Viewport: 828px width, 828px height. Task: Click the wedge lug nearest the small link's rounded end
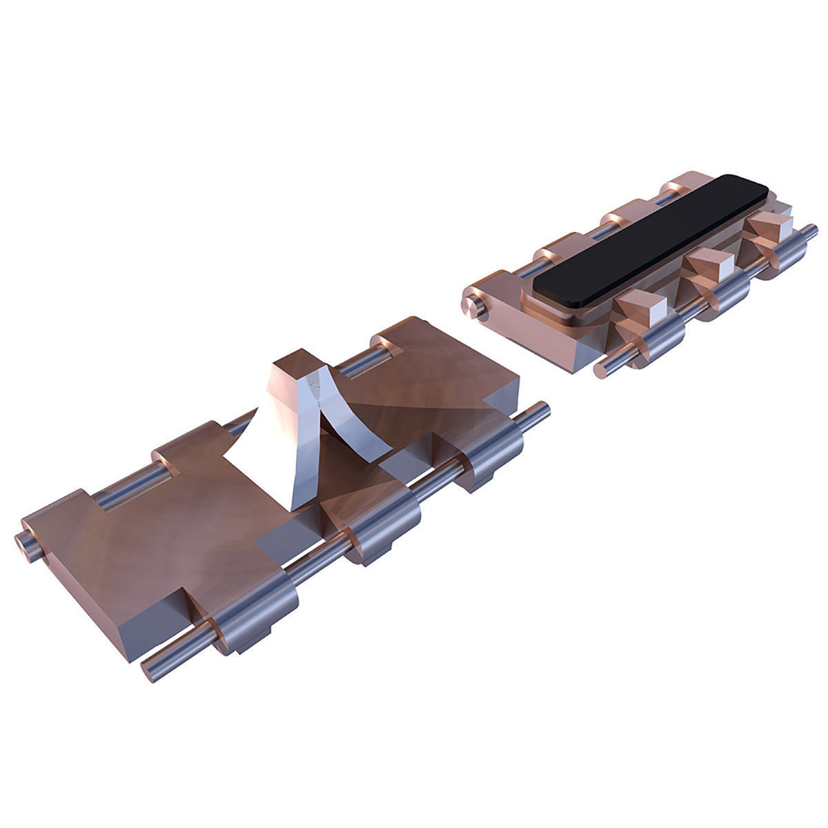[x=638, y=306]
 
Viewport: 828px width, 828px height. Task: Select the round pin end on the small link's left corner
[x=475, y=304]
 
